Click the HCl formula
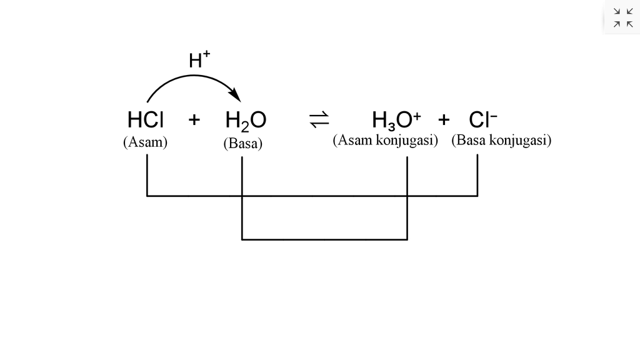coord(145,119)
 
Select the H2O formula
coord(246,120)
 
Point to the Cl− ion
coord(482,119)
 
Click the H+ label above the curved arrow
coord(199,60)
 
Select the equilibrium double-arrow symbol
coord(319,119)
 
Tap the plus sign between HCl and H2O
coord(194,119)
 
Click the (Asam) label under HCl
coord(145,142)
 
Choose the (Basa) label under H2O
coord(242,144)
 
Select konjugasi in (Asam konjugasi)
coord(406,140)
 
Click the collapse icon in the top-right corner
coord(622,17)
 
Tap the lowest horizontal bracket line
coord(324,239)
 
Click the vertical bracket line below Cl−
coord(477,175)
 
